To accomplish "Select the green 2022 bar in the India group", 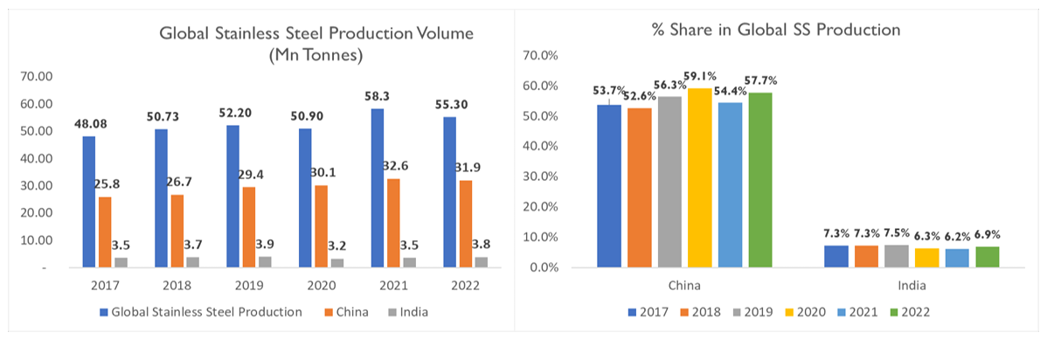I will tap(987, 257).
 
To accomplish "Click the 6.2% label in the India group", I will tap(957, 237).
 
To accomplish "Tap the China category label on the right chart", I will tap(685, 285).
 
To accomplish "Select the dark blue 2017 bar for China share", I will tap(609, 185).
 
